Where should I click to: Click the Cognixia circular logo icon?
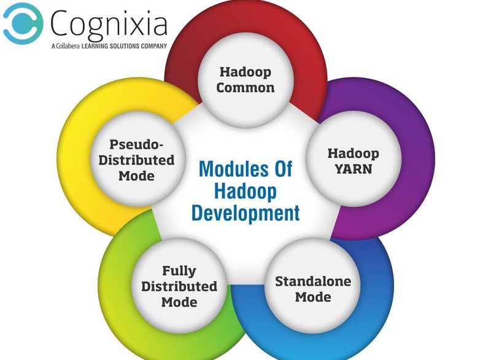23,23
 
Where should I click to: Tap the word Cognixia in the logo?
109,24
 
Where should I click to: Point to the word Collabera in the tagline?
68,46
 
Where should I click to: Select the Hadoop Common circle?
245,80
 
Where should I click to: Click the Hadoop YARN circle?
354,158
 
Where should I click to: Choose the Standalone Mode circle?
313,286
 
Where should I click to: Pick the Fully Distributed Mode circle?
179,286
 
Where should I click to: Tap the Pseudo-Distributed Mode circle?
137,158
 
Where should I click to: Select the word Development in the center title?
245,214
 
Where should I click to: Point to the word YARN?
354,169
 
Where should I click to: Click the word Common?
245,88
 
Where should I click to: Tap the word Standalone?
313,281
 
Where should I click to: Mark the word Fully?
179,271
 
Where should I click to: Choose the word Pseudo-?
137,144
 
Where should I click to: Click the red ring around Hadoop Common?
245,17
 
